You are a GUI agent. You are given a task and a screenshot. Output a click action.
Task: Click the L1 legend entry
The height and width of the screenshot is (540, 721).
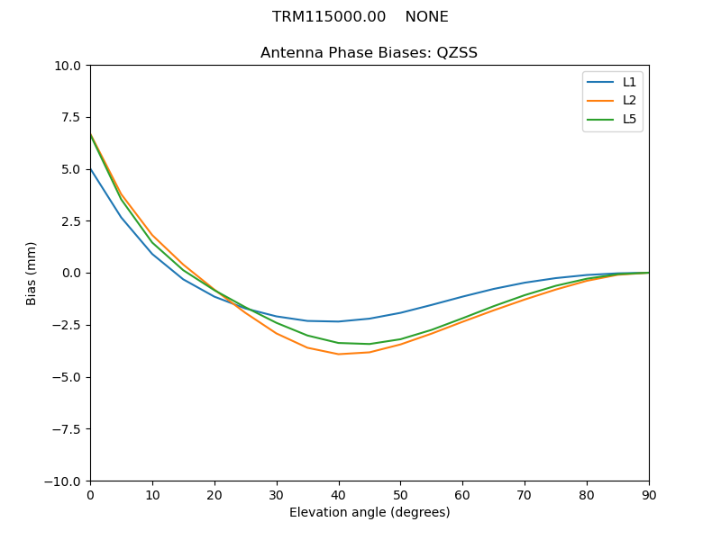pos(629,82)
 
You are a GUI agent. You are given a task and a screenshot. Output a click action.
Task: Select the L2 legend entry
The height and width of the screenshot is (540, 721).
pos(629,101)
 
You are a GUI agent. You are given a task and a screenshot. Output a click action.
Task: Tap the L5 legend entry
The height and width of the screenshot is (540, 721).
pos(629,119)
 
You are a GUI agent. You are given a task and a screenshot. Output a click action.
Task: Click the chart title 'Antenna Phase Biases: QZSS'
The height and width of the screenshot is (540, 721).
pos(369,53)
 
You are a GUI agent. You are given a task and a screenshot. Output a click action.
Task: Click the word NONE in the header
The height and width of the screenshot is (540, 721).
pos(426,17)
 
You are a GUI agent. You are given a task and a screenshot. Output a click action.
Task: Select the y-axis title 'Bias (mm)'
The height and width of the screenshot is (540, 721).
pos(32,273)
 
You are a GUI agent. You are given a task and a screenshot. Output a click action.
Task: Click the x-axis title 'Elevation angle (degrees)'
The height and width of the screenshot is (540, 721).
pos(370,513)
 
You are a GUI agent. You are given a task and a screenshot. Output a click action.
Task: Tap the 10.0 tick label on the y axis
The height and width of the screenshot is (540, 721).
pos(68,66)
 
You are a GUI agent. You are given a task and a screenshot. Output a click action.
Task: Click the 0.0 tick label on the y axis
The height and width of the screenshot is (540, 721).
pos(72,274)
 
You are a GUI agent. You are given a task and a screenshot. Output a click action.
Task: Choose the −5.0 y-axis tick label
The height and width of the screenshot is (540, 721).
pos(67,377)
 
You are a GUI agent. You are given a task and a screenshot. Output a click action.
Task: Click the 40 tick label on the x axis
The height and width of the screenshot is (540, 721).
pos(339,495)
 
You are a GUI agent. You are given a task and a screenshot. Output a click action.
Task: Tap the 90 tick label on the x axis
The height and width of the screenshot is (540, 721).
pos(649,495)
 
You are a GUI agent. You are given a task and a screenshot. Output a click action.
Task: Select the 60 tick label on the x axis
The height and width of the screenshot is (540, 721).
pos(462,495)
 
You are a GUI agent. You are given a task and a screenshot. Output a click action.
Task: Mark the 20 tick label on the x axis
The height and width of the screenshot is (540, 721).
pos(214,495)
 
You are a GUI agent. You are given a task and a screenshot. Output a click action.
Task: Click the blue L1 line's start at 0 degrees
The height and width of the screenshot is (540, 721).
pos(90,168)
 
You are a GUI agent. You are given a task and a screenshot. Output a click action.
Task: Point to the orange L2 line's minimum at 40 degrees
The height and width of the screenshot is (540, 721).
pos(339,354)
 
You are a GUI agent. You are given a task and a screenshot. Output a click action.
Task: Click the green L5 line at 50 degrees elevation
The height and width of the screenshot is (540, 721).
pos(400,339)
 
